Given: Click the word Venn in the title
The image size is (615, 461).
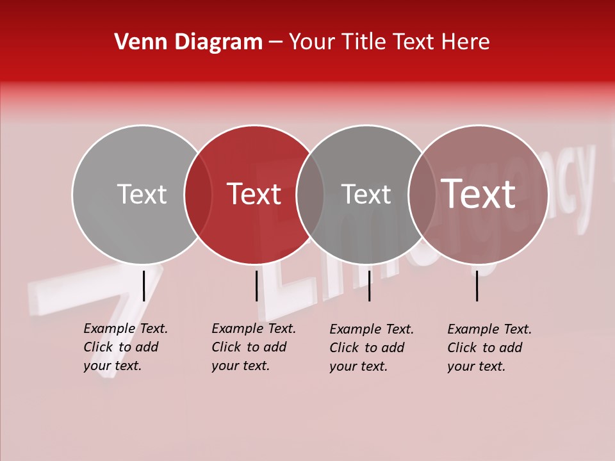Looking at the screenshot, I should pos(137,42).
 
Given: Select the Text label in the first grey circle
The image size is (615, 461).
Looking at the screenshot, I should pos(142,194).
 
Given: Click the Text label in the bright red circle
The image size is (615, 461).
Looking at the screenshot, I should pos(254,194).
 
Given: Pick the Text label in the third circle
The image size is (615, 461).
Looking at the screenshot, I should pos(366,194).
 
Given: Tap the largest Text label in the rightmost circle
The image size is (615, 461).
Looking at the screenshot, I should pos(479,194).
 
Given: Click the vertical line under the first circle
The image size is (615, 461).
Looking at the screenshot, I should pos(143,286).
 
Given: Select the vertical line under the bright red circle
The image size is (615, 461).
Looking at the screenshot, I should pos(256,286).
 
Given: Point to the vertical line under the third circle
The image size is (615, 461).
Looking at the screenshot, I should pos(369,286).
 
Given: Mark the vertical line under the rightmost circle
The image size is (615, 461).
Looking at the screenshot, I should pos(477,286).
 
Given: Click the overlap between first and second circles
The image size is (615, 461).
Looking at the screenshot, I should pos(198,194).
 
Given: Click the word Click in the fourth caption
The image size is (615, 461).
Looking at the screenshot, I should pos(463,348).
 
